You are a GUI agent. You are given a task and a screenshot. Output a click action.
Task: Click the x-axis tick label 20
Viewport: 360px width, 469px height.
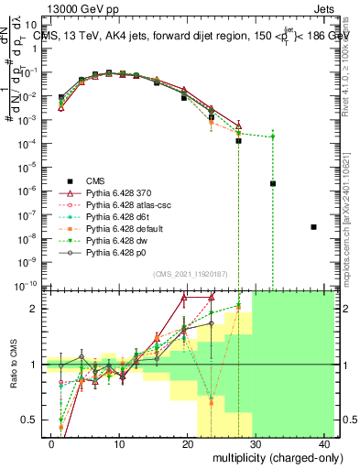187,442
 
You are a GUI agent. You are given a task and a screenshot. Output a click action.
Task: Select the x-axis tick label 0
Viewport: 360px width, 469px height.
51,442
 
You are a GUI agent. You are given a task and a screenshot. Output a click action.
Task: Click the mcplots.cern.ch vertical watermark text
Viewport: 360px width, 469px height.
351,229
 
